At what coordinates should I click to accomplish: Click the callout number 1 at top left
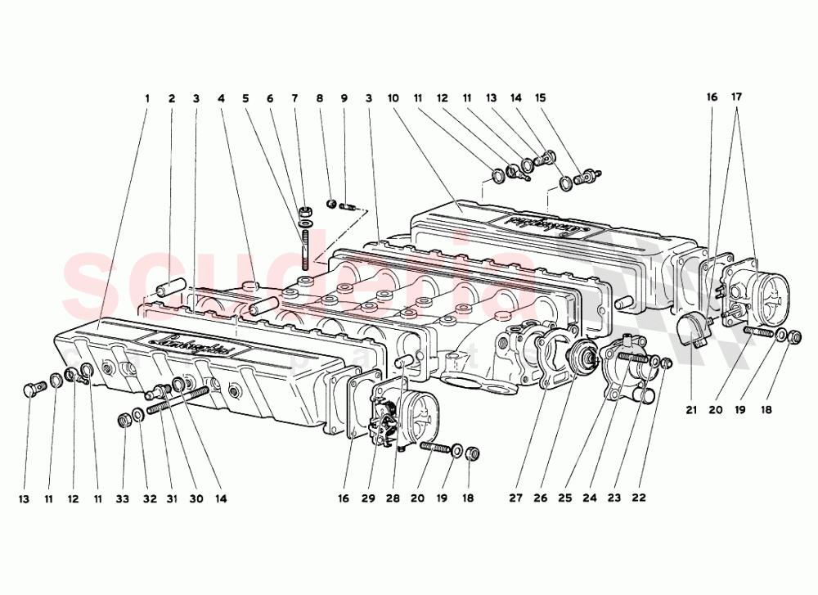pos(147,98)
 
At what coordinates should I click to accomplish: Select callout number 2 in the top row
pos(172,98)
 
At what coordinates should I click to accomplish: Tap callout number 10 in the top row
pos(393,98)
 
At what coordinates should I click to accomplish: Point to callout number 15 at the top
pos(540,98)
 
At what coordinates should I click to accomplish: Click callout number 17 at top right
pos(737,97)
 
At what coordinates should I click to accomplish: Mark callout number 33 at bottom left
pos(123,498)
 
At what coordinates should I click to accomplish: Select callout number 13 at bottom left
pos(25,498)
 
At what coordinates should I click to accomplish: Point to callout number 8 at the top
pos(320,98)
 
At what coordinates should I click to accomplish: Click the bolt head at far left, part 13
pos(32,389)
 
